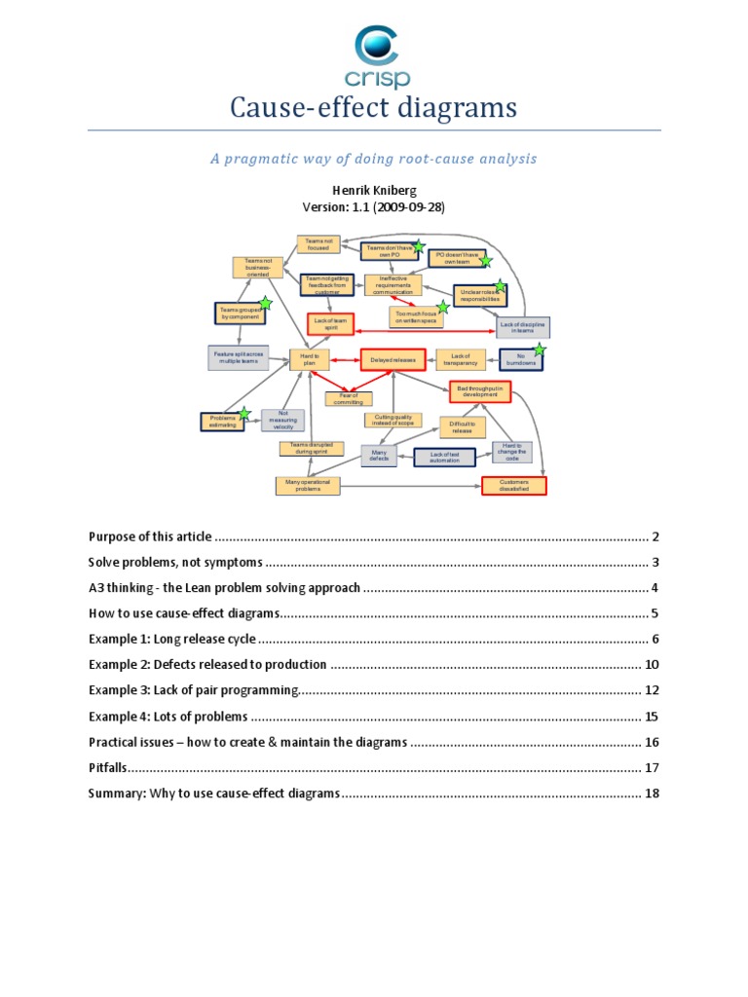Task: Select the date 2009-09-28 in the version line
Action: (409, 207)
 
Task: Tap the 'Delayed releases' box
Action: (393, 360)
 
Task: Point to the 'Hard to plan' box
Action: (310, 360)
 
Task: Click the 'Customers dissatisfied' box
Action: (514, 485)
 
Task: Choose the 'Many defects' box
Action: (379, 455)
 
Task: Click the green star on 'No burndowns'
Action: (540, 351)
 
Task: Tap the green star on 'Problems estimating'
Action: (244, 416)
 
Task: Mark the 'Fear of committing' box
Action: (349, 398)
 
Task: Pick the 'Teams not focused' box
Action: (318, 244)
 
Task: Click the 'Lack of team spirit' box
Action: (330, 323)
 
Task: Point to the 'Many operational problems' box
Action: (308, 485)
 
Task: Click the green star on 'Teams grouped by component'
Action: (265, 304)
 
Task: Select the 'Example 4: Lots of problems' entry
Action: (168, 717)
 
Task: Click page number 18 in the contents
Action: (652, 793)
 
